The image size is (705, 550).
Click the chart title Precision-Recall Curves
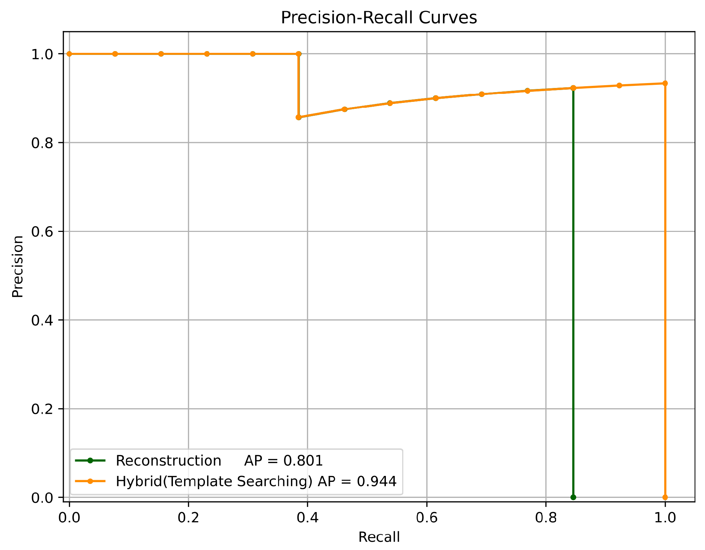(x=379, y=18)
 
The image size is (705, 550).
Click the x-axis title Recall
(x=379, y=537)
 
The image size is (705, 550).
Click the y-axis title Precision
(x=17, y=267)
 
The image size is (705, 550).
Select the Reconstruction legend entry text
(x=168, y=461)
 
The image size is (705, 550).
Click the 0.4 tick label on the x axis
(x=308, y=518)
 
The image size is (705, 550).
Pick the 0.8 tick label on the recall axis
(x=546, y=518)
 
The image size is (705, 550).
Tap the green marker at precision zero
(x=573, y=498)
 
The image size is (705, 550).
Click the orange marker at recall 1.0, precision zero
(x=665, y=498)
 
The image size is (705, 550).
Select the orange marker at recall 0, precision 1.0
(x=69, y=54)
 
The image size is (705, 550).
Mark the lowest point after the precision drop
(x=299, y=117)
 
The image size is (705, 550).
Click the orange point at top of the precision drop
(x=299, y=54)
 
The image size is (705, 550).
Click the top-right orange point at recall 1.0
(x=665, y=83)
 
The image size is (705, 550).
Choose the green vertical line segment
(x=573, y=296)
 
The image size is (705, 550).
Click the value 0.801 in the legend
(x=303, y=461)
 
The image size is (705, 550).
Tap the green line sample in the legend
(x=90, y=461)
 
